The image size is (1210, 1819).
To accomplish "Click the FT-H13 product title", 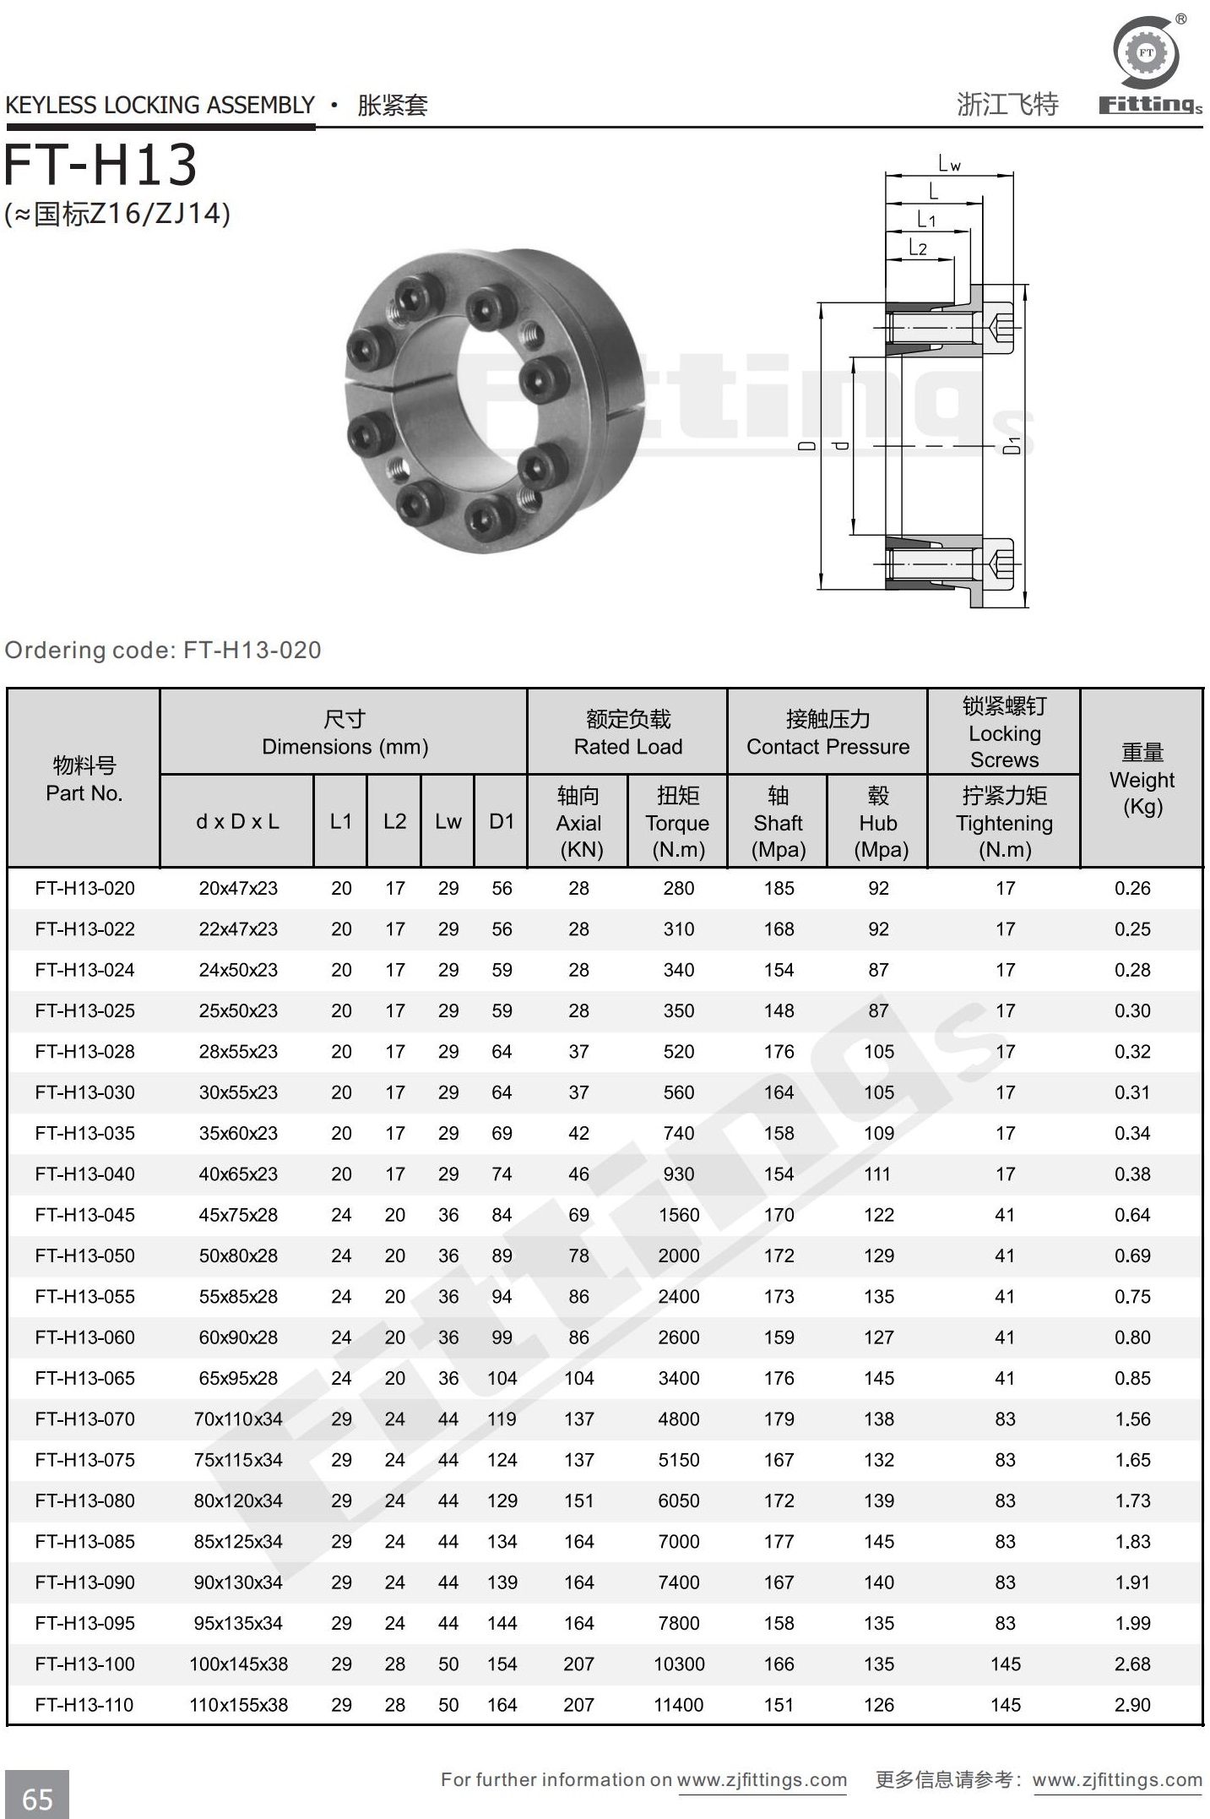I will (100, 165).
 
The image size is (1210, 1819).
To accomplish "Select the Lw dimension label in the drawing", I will (949, 164).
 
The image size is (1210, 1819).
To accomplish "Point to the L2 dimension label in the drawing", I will (918, 248).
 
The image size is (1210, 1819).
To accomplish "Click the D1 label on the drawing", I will (1012, 445).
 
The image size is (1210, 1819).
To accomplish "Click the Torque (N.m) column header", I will (677, 822).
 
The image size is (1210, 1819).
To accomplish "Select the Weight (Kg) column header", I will (1142, 779).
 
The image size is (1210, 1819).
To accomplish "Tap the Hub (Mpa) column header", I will (878, 822).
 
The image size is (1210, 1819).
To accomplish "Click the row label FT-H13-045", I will (84, 1215).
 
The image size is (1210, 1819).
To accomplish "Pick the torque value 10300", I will (678, 1664).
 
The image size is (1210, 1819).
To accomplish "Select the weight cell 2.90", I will (1131, 1705).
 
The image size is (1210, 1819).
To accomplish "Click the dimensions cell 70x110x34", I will (238, 1419).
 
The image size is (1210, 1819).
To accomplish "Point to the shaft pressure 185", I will (779, 888).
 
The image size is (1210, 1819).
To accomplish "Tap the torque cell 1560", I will (678, 1215).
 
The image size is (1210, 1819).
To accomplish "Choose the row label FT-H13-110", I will (84, 1705).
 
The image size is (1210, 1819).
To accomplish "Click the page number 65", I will (37, 1798).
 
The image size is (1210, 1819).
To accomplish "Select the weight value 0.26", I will (1131, 888).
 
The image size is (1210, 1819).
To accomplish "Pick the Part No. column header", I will (84, 779).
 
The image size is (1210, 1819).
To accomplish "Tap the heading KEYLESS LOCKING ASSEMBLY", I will (160, 106).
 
